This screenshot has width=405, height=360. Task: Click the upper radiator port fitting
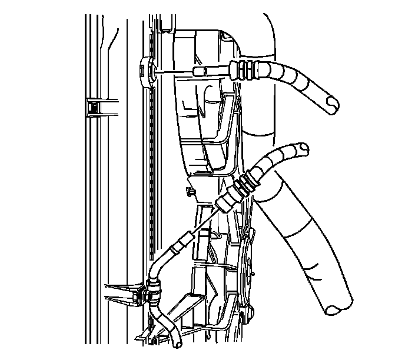pos(148,71)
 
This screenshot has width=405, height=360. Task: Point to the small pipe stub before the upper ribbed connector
pos(201,71)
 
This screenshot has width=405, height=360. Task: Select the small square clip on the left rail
pos(92,106)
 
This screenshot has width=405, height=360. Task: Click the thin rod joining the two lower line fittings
pos(203,221)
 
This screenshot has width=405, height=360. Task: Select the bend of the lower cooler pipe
pos(158,265)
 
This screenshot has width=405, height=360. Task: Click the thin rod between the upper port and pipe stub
pos(174,71)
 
